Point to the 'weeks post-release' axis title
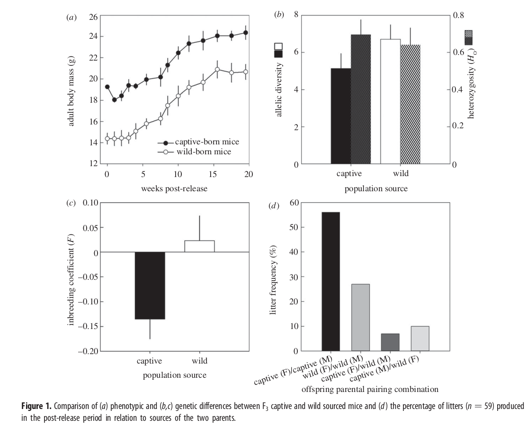[x=174, y=188]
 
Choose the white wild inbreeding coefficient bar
[x=199, y=246]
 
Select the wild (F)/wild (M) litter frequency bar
[x=360, y=318]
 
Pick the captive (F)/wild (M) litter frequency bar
[x=390, y=342]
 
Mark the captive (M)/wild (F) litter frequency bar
[x=420, y=338]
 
